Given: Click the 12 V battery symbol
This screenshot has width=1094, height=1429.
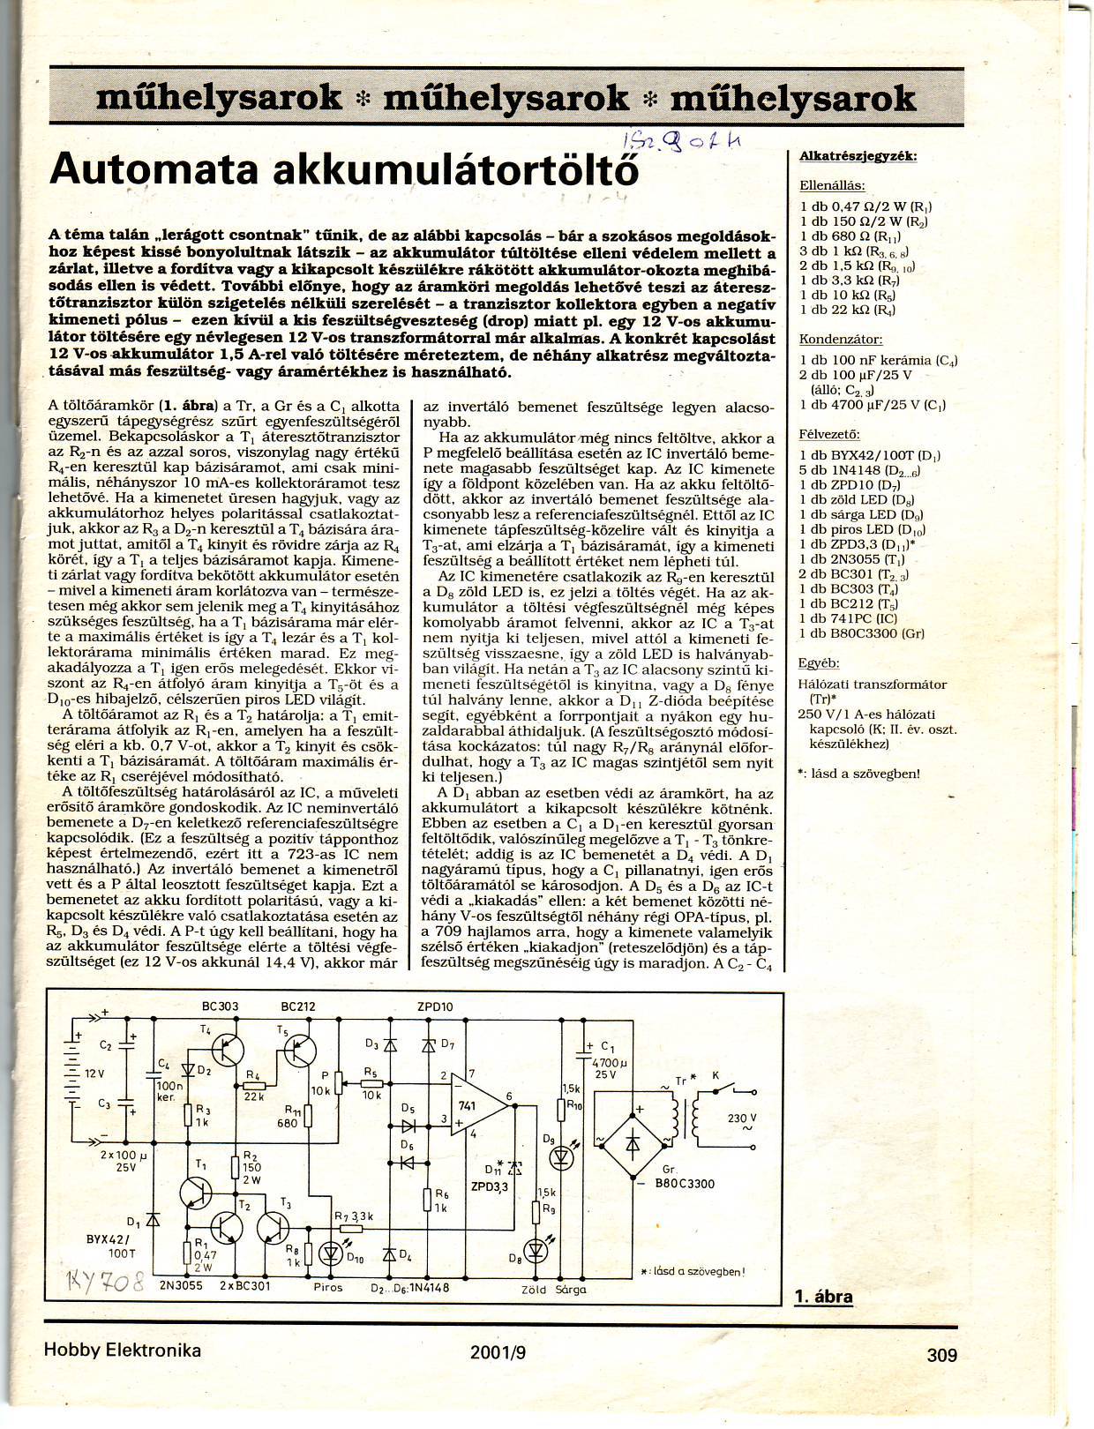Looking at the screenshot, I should [x=77, y=1074].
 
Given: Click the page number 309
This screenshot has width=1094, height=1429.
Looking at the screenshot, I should [x=941, y=1354].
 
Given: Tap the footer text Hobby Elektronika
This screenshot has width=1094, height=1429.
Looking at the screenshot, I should [x=122, y=1350].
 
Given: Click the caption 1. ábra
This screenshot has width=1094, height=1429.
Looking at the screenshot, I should [x=823, y=1296].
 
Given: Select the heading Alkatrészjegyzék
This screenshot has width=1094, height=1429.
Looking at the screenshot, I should [x=858, y=156].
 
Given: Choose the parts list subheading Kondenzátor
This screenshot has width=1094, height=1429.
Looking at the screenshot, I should [x=840, y=339].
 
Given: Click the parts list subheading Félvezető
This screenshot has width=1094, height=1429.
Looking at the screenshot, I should [x=828, y=434].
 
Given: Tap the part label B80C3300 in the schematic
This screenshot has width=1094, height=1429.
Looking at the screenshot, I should [x=685, y=1184].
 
